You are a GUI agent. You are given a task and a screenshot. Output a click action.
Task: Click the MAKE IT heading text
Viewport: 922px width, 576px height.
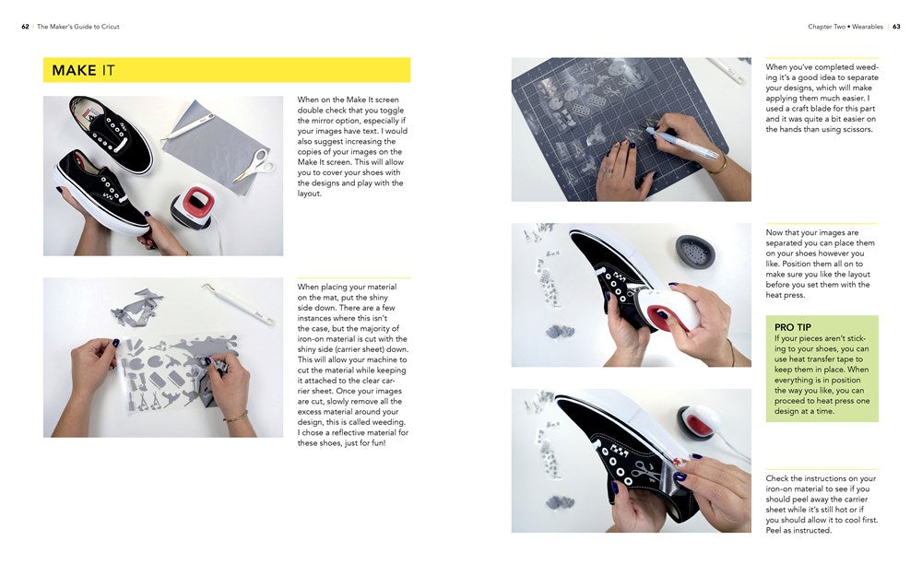pyautogui.click(x=83, y=71)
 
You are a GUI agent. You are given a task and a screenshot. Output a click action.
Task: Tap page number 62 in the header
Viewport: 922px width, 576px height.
pyautogui.click(x=25, y=27)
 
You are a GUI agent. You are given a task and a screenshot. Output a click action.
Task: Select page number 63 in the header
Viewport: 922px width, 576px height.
pyautogui.click(x=896, y=27)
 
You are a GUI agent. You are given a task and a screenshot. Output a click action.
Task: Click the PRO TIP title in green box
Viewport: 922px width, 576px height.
pyautogui.click(x=792, y=327)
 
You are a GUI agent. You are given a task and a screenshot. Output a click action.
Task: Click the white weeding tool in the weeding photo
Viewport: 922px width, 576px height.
pyautogui.click(x=240, y=303)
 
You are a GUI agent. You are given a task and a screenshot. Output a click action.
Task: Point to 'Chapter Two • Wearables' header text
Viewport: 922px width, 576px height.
pyautogui.click(x=845, y=27)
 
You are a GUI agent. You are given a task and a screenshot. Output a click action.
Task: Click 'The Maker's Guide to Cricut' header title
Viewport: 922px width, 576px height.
pyautogui.click(x=78, y=27)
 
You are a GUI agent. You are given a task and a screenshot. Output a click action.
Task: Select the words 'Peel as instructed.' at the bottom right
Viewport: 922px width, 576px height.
pyautogui.click(x=798, y=530)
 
